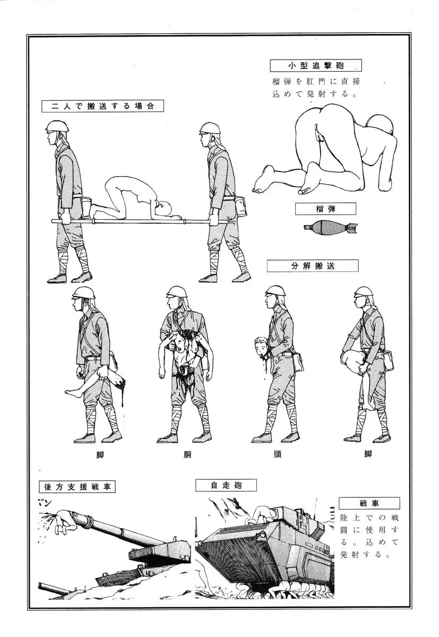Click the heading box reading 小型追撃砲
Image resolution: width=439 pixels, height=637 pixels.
(316, 65)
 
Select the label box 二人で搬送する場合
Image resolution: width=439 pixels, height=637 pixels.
(102, 106)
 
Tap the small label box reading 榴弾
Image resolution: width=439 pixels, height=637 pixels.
(325, 209)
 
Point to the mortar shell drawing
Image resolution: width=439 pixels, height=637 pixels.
(331, 227)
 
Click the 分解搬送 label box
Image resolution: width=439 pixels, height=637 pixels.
(313, 265)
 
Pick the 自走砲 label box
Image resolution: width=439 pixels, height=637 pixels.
(226, 485)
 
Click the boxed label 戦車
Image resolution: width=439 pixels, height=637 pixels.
(369, 503)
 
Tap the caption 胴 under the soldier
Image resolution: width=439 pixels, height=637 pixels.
(187, 455)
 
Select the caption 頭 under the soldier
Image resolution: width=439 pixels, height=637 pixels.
(278, 454)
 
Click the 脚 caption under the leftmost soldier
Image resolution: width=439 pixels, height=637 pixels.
(100, 455)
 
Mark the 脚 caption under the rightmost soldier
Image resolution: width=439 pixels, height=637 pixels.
(368, 454)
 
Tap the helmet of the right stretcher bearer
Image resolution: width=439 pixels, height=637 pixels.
(210, 128)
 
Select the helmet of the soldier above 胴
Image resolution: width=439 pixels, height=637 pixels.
(177, 292)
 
